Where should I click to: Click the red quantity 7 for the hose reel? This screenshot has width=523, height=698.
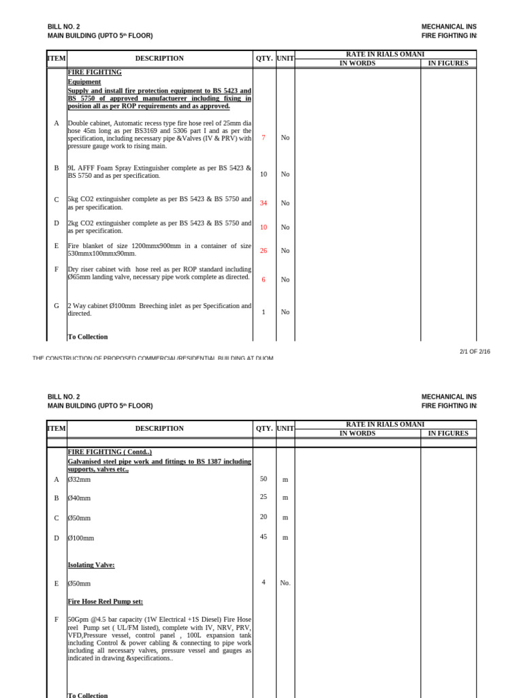pyautogui.click(x=264, y=138)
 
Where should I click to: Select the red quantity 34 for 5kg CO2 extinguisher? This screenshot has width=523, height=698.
pyautogui.click(x=264, y=203)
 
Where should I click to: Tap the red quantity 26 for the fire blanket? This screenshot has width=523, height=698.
pyautogui.click(x=264, y=251)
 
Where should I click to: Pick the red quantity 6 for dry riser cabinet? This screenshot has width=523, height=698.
pyautogui.click(x=264, y=279)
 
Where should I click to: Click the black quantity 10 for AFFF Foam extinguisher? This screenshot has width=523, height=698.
pyautogui.click(x=264, y=174)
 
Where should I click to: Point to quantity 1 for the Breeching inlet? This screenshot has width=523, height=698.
pyautogui.click(x=264, y=312)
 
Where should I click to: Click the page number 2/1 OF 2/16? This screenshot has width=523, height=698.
pyautogui.click(x=475, y=352)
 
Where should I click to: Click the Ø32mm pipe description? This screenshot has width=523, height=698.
pyautogui.click(x=79, y=480)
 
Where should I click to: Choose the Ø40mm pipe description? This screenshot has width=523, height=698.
pyautogui.click(x=79, y=498)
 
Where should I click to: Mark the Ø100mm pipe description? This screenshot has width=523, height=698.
pyautogui.click(x=81, y=538)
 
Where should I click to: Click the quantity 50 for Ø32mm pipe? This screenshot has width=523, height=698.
pyautogui.click(x=264, y=479)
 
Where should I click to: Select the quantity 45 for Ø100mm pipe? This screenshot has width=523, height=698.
pyautogui.click(x=264, y=536)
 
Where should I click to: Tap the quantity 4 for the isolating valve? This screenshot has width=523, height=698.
pyautogui.click(x=264, y=582)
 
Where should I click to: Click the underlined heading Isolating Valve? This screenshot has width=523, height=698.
pyautogui.click(x=91, y=565)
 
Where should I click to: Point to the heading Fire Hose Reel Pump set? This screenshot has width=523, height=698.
pyautogui.click(x=106, y=602)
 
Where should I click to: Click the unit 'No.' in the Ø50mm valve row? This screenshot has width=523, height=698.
pyautogui.click(x=285, y=583)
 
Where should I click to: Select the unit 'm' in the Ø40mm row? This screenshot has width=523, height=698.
pyautogui.click(x=285, y=498)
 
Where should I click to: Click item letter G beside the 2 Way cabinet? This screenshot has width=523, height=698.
pyautogui.click(x=57, y=306)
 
